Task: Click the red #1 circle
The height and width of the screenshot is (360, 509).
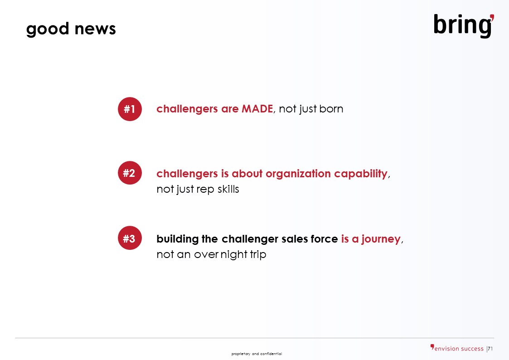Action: [x=130, y=109]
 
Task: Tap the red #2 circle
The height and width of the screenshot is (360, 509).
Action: [x=130, y=173]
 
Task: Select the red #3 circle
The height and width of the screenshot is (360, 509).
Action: [x=130, y=238]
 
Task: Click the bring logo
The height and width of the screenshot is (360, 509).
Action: [x=464, y=25]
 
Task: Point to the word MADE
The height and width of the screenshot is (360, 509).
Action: [x=257, y=109]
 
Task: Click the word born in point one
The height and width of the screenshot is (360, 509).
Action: [x=331, y=109]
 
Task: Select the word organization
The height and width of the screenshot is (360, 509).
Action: [x=298, y=174]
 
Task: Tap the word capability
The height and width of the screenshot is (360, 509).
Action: [x=361, y=174]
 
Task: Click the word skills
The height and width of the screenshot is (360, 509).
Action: [x=228, y=189]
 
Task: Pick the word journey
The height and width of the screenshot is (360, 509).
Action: [x=381, y=239]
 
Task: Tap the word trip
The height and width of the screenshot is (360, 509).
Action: [x=258, y=254]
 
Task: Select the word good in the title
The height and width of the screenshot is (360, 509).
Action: [x=48, y=29]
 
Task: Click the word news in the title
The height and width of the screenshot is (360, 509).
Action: [x=95, y=29]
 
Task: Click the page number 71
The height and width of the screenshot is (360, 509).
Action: [x=490, y=349]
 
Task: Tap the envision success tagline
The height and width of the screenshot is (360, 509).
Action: [x=457, y=348]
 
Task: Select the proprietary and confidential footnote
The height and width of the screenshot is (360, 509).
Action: [x=257, y=354]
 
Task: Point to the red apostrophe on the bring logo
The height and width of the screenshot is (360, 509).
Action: [x=492, y=18]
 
